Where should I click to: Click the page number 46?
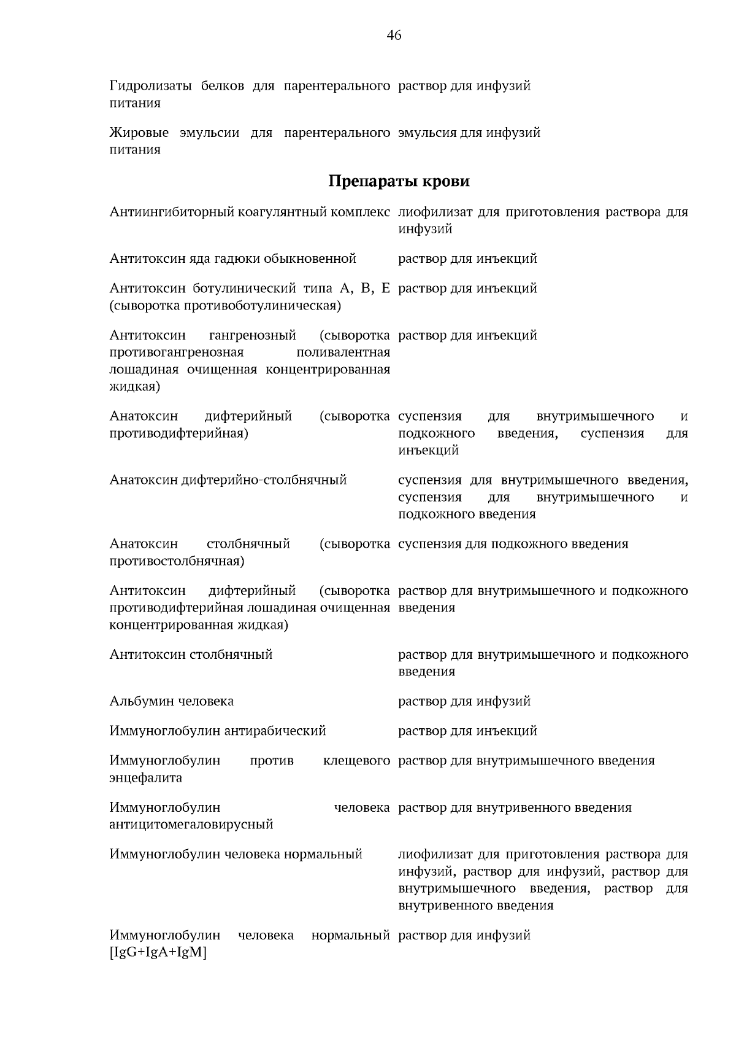394,36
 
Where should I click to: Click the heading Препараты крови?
399,181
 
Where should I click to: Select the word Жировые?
139,133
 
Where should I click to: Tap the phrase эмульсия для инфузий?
469,133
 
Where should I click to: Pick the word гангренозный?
253,335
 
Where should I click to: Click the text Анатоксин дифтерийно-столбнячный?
228,480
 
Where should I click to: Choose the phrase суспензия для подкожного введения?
513,544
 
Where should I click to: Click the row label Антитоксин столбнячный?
191,655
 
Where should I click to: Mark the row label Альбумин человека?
172,701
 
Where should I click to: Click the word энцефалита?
145,778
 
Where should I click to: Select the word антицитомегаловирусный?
191,825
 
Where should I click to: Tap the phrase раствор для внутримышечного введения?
526,761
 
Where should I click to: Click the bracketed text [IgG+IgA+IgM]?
158,953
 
